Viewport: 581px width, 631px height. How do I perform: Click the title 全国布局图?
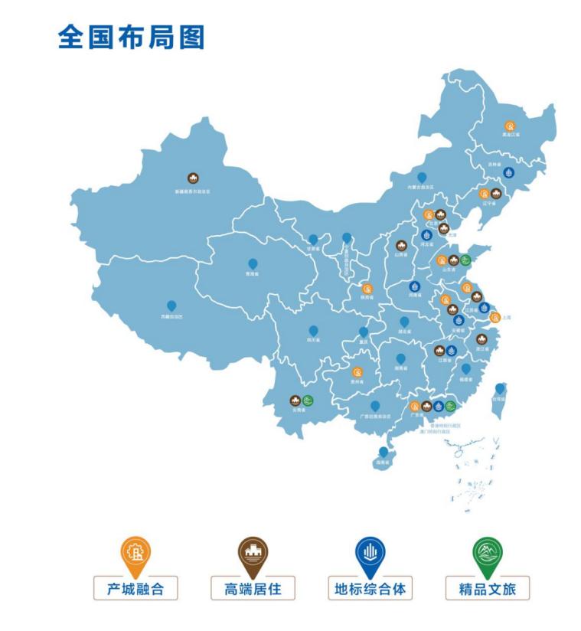pyautogui.click(x=131, y=37)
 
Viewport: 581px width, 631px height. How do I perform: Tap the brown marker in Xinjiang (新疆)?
pyautogui.click(x=193, y=178)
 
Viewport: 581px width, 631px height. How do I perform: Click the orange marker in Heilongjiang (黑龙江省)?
pyautogui.click(x=510, y=126)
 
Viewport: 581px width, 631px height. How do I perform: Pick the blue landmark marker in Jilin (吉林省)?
pyautogui.click(x=508, y=173)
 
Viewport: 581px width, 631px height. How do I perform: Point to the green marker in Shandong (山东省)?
pyautogui.click(x=465, y=260)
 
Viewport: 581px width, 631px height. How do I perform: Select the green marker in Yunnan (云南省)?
pyautogui.click(x=307, y=401)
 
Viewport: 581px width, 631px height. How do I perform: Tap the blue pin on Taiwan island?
pyautogui.click(x=499, y=389)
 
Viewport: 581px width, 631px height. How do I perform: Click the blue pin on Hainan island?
pyautogui.click(x=384, y=453)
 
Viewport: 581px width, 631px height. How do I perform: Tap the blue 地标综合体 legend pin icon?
pyautogui.click(x=370, y=554)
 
